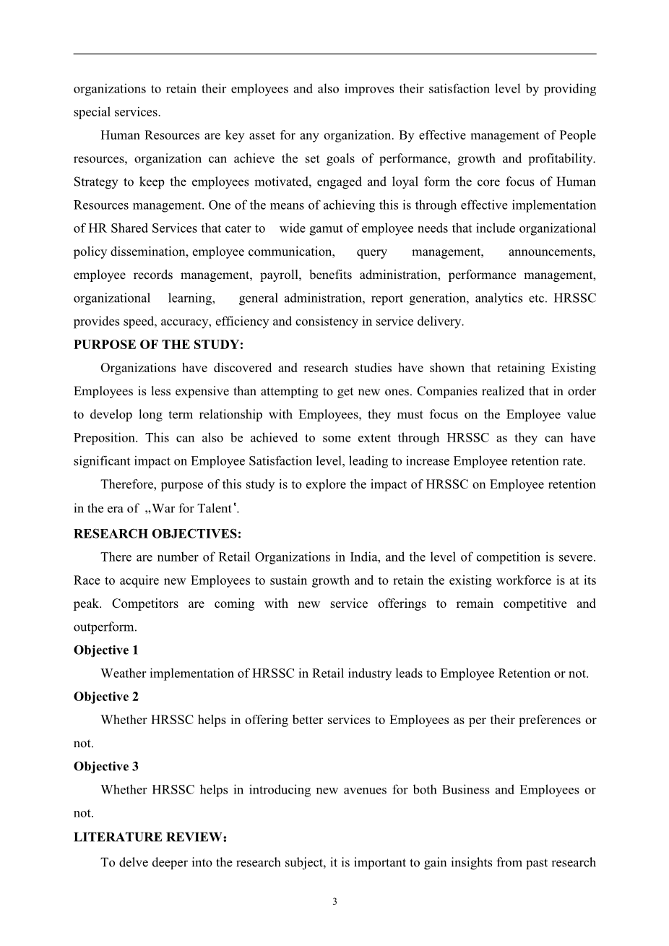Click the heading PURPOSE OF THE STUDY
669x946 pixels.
click(x=148, y=345)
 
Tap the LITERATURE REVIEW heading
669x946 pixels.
click(x=150, y=838)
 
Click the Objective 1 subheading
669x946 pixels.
click(x=105, y=650)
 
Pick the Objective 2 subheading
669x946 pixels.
click(x=105, y=697)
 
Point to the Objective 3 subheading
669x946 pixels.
click(x=105, y=767)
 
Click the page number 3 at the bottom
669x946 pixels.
click(x=334, y=901)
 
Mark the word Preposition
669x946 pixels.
click(x=105, y=438)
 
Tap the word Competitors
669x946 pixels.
click(x=144, y=603)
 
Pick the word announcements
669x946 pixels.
click(x=552, y=252)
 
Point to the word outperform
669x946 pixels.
click(x=104, y=627)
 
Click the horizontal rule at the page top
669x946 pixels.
click(x=334, y=53)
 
